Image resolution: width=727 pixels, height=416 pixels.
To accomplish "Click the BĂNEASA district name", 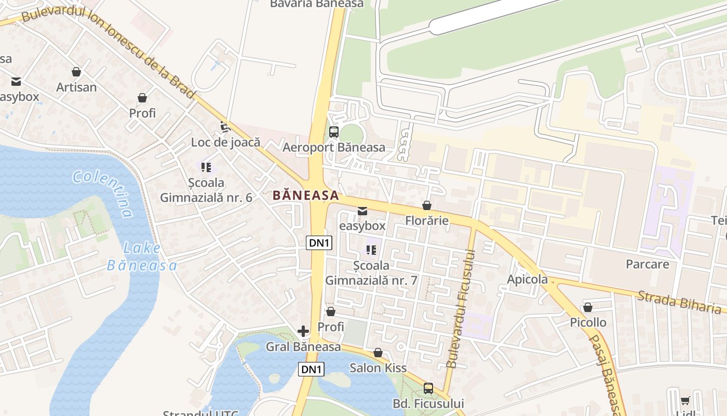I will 306,196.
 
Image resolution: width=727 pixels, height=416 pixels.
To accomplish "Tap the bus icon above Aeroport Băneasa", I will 334,132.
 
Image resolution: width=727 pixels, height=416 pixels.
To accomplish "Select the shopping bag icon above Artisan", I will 76,72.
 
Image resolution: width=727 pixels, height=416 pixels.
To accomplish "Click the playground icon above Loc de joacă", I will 225,126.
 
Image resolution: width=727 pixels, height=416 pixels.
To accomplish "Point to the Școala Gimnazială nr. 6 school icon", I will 206,167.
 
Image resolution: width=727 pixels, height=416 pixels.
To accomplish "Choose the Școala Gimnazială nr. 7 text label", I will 371,273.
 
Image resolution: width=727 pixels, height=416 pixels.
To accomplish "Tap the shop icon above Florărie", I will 427,205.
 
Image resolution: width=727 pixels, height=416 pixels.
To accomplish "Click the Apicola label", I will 527,280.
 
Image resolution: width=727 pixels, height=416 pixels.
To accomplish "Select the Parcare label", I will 647,264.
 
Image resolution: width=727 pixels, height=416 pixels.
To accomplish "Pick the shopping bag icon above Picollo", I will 588,307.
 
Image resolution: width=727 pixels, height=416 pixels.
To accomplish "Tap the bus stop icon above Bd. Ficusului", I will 428,388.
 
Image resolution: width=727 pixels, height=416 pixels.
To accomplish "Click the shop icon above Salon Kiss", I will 378,353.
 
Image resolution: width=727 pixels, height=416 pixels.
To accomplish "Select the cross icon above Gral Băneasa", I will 303,331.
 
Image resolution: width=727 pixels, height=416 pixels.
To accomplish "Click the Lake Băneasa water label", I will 142,257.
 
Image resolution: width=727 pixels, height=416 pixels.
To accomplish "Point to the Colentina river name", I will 103,192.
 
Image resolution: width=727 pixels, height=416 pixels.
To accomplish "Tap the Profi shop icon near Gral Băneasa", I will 330,311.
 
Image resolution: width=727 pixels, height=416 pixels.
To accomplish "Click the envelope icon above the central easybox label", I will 362,211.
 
